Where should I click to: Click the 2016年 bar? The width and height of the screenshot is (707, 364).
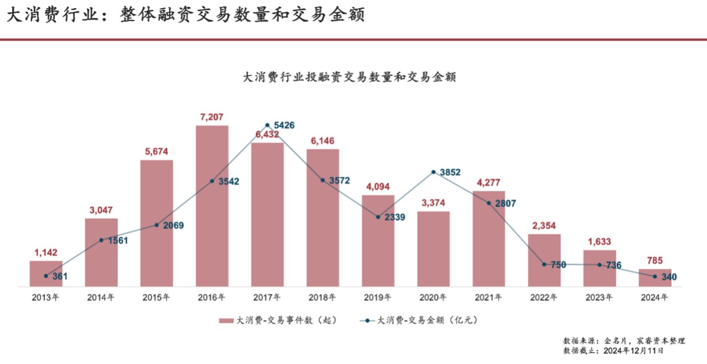pyautogui.click(x=212, y=206)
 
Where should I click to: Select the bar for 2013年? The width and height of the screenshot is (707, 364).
pyautogui.click(x=46, y=274)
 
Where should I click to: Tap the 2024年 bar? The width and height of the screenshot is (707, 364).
pyautogui.click(x=654, y=278)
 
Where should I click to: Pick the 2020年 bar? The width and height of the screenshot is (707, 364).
pyautogui.click(x=433, y=249)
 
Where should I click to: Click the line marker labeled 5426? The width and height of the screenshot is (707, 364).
pyautogui.click(x=267, y=125)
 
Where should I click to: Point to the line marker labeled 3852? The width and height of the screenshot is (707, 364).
pyautogui.click(x=433, y=172)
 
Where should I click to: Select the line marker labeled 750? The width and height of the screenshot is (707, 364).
pyautogui.click(x=544, y=264)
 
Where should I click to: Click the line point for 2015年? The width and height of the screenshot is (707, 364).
pyautogui.click(x=156, y=225)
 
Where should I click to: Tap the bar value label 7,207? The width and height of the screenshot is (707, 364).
pyautogui.click(x=212, y=117)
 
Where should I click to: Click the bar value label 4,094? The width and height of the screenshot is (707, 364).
pyautogui.click(x=378, y=187)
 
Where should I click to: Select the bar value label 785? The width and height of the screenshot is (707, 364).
pyautogui.click(x=654, y=261)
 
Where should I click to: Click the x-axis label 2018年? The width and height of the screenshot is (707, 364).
pyautogui.click(x=322, y=297)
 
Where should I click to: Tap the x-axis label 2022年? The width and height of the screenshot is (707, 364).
pyautogui.click(x=544, y=297)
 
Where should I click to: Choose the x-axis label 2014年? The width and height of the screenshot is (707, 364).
pyautogui.click(x=101, y=297)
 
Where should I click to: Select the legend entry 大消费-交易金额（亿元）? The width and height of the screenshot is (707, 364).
pyautogui.click(x=420, y=320)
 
